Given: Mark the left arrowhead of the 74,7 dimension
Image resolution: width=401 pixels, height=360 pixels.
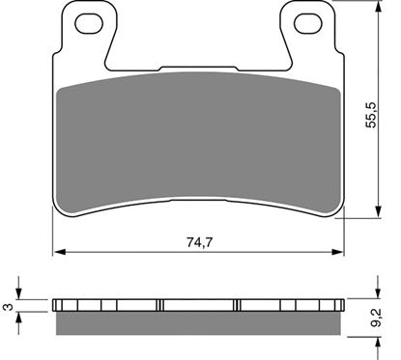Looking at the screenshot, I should coord(56,253).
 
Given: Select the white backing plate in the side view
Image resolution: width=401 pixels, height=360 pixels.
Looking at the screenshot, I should coord(197,303).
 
